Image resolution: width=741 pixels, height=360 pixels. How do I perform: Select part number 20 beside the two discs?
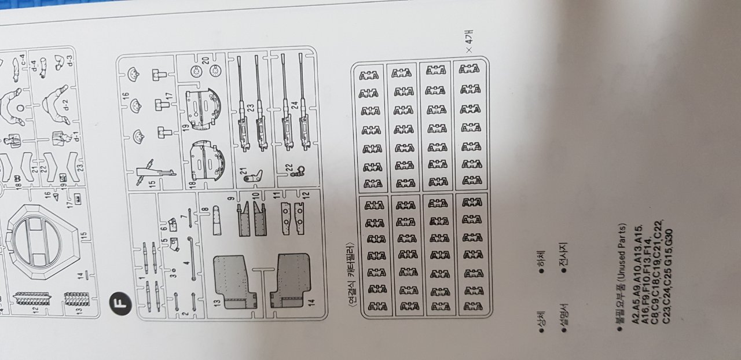206,60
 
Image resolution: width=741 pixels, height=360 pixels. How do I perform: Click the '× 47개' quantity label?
470,44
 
